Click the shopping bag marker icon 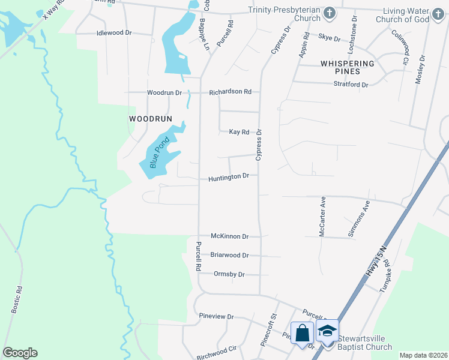tap(302, 332)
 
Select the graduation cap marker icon tap(327, 331)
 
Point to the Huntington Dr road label tap(228, 178)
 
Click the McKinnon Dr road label tap(229, 236)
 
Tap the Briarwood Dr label tap(229, 255)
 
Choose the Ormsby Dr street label tap(229, 274)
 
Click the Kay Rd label tap(239, 132)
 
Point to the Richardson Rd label tap(230, 92)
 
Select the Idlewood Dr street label tap(114, 33)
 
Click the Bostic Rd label tap(17, 299)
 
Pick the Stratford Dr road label tap(351, 85)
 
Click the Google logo tap(20, 353)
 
